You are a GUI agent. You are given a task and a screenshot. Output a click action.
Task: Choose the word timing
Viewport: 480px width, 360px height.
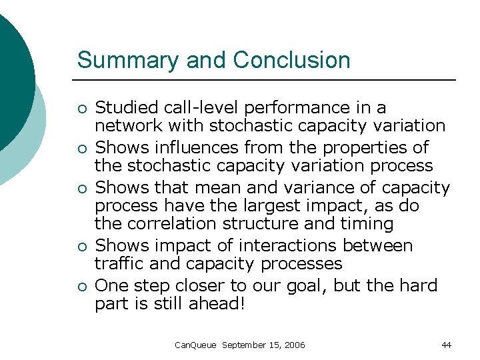[366, 224]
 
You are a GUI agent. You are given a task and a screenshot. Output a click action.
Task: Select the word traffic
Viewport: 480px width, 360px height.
[119, 263]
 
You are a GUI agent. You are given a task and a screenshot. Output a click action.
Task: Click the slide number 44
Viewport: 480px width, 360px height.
[446, 345]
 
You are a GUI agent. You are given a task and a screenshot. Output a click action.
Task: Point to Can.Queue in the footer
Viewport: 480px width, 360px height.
[195, 345]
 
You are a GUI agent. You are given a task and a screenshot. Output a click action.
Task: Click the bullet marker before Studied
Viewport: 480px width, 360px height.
[81, 109]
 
